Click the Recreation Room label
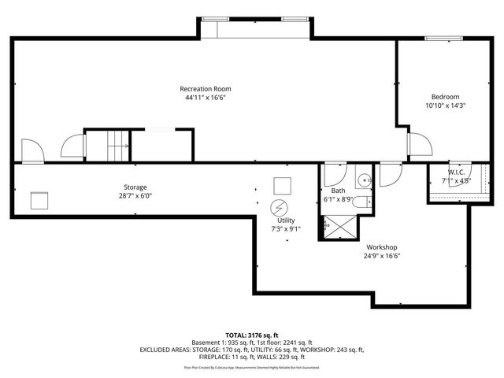coord(206,88)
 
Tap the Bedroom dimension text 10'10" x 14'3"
coord(446,106)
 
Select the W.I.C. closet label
coord(456,172)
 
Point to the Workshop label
coord(380,246)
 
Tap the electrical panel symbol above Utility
coord(279,208)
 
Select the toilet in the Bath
coord(362,203)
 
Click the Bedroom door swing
coord(417,143)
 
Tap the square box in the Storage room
coord(39,201)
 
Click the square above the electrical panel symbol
coord(281,186)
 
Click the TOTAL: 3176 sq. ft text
coord(252,335)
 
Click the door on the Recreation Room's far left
coord(31,151)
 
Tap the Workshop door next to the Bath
coord(390,174)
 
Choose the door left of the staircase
coord(71,146)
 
